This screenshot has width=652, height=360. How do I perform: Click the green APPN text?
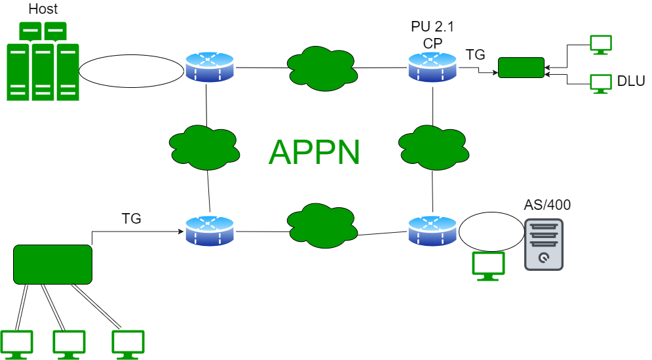[x=314, y=152]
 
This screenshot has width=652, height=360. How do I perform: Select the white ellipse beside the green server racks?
[x=131, y=71]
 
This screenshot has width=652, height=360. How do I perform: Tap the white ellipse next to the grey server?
[x=491, y=231]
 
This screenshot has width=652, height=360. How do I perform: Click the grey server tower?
[x=544, y=244]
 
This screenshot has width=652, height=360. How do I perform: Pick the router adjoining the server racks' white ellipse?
[x=210, y=67]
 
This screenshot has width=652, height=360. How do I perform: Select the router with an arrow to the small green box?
[x=432, y=67]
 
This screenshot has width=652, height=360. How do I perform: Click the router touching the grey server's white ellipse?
[x=432, y=231]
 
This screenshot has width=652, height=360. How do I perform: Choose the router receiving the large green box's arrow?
[x=210, y=231]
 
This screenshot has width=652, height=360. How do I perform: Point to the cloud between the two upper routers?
[x=322, y=68]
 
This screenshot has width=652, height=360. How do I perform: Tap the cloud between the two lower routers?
[x=322, y=226]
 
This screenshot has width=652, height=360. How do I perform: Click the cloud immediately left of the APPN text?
[x=204, y=147]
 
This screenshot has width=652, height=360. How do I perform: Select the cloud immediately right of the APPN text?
[x=433, y=147]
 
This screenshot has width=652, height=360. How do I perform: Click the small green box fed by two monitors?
[x=521, y=68]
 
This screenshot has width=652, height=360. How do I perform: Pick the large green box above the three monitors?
[x=52, y=264]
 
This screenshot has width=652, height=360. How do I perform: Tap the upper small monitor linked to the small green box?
[x=600, y=44]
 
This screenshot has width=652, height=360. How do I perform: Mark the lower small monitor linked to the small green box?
[x=600, y=83]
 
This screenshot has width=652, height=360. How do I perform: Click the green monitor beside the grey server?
[x=488, y=265]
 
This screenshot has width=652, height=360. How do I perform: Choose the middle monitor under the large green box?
[x=69, y=344]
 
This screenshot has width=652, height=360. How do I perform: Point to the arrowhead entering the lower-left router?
[x=181, y=231]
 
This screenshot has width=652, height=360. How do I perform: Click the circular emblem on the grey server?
[x=543, y=258]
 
